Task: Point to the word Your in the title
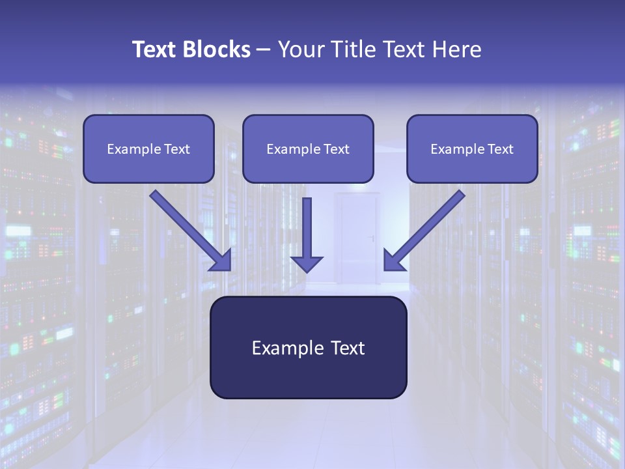299,50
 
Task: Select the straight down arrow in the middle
307,228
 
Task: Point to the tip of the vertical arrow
307,270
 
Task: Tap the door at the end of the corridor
356,238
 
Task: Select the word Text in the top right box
501,149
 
